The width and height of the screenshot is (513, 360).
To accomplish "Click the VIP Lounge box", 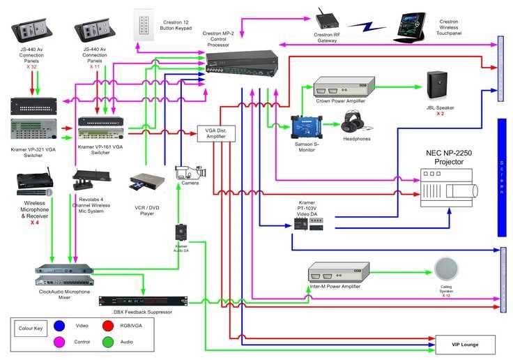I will (465, 344).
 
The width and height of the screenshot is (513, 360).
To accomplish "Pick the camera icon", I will (188, 174).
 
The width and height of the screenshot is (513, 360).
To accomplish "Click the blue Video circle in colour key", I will (59, 325).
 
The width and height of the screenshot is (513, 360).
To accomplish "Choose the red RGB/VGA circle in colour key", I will (108, 325).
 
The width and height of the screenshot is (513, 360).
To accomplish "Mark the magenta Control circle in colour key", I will (59, 343).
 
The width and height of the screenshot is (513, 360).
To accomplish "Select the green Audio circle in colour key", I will (108, 343).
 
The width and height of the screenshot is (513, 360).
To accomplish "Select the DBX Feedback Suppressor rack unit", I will (142, 301).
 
